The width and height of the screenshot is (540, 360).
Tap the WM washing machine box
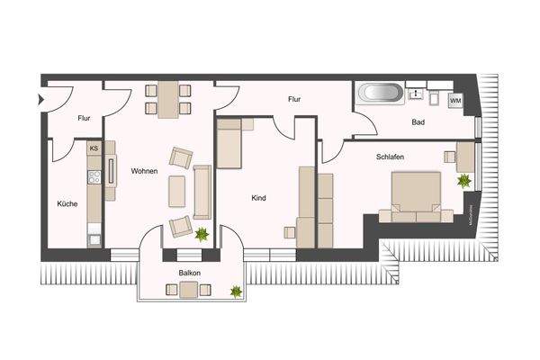(455, 100)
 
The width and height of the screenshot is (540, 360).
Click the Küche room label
(67, 204)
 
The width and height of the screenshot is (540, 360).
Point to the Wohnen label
(145, 171)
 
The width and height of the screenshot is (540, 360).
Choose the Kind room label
(259, 198)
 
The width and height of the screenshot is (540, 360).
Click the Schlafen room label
(390, 156)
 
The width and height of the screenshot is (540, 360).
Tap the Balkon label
(189, 272)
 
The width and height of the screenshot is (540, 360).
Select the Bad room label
(418, 122)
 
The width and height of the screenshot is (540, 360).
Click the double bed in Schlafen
(416, 196)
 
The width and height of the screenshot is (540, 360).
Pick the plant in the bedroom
(464, 181)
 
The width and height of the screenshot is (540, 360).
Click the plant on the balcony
(235, 291)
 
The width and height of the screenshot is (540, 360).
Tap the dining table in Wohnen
(168, 98)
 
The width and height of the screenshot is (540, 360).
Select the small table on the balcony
(188, 289)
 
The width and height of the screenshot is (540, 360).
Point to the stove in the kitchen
(93, 175)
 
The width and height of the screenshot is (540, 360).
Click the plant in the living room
(202, 236)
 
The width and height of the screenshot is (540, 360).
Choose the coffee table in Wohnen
(178, 191)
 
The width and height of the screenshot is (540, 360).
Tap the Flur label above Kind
(294, 99)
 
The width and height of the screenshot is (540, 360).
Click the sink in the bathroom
(417, 93)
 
